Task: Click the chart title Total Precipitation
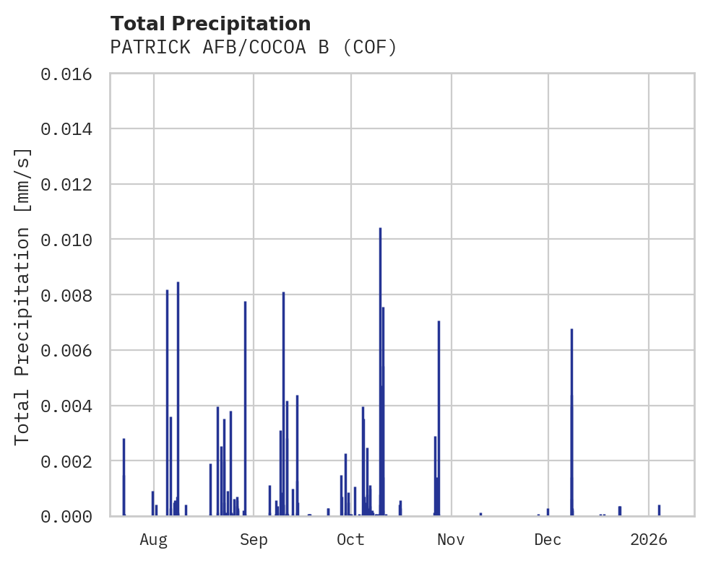(210, 24)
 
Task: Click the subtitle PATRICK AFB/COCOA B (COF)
(254, 48)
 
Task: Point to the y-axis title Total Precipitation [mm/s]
(23, 295)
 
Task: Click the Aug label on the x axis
(154, 539)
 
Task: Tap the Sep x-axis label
(254, 539)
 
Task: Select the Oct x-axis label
(351, 539)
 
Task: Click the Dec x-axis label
(548, 539)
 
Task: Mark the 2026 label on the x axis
(649, 539)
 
